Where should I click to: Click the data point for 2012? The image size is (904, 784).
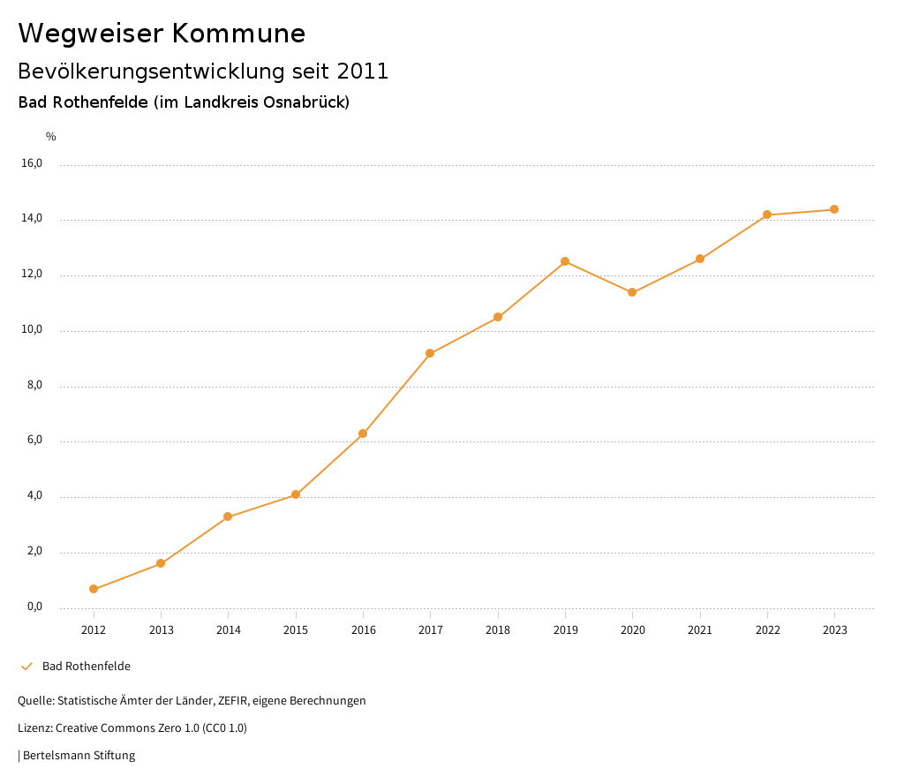coord(94,589)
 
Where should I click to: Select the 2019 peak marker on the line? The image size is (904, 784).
coord(565,261)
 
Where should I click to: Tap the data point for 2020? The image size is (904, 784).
coord(632,292)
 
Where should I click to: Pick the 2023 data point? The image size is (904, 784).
coord(834,209)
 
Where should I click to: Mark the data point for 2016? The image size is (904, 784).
coord(363,433)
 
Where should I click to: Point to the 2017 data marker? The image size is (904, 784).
coord(430,353)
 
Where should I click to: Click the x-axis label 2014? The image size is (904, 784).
coord(229,629)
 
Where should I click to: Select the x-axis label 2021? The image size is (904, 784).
coord(700,629)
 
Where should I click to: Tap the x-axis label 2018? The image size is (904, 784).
coord(498,629)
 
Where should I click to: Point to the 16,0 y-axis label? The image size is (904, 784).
coord(32,163)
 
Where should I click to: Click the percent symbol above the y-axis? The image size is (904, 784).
coord(51,137)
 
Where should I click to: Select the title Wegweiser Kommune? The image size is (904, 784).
coord(162,34)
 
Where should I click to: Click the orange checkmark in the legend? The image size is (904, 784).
coord(26,667)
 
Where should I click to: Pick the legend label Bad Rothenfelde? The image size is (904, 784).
coord(87,667)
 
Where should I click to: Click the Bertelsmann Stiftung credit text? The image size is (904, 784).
coord(79,756)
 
